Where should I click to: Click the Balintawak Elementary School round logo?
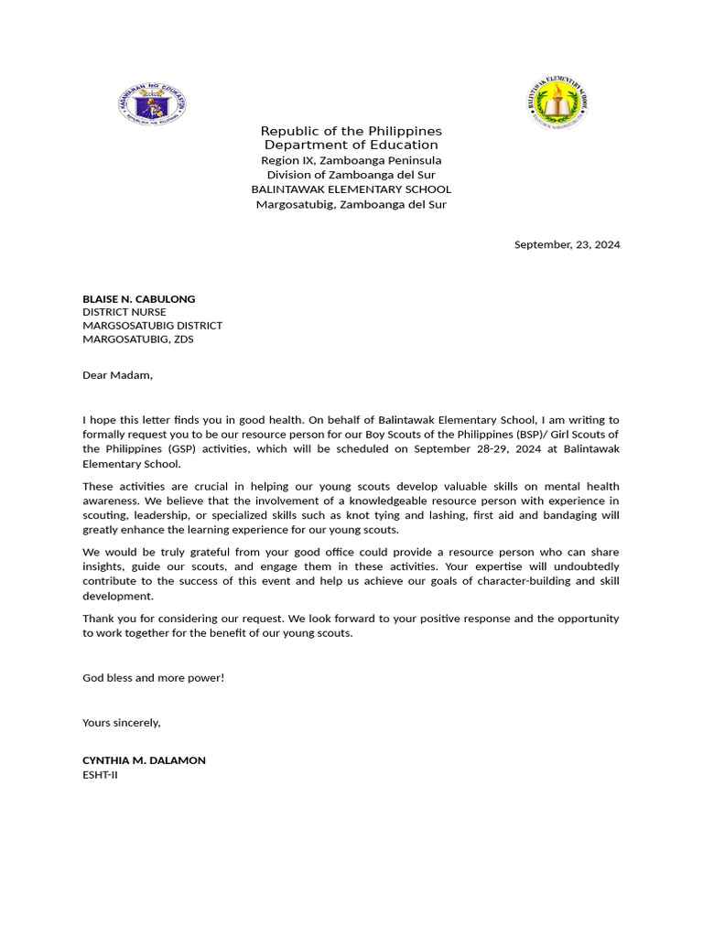click(557, 102)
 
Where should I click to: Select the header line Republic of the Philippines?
click(351, 131)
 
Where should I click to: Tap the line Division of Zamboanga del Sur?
click(351, 174)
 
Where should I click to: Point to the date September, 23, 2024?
click(567, 244)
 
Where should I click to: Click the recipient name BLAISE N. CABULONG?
click(138, 298)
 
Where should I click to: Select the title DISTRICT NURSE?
click(124, 312)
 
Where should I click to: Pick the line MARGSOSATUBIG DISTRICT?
click(152, 325)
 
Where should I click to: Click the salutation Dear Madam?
click(117, 374)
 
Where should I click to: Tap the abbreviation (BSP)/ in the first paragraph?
click(525, 434)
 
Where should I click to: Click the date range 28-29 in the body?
click(500, 448)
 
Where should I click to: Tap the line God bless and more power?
click(153, 677)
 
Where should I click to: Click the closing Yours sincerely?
click(121, 722)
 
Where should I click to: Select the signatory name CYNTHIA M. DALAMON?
click(144, 760)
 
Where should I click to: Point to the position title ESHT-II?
click(100, 774)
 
